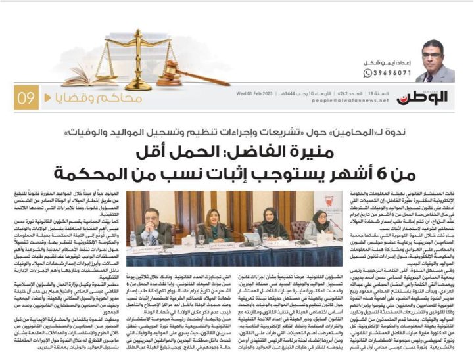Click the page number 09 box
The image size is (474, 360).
(x=26, y=99)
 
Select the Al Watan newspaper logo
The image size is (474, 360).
(x=435, y=97)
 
